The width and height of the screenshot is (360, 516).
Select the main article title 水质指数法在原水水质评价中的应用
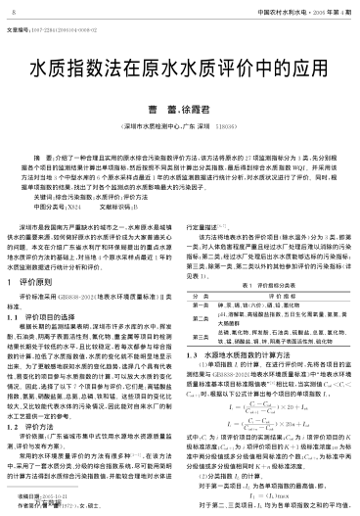tap(180, 66)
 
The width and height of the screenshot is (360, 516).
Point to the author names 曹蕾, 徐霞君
tap(179, 100)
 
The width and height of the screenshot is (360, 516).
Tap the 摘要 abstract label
tap(40, 129)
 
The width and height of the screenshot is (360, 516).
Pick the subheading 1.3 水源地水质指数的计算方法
tap(240, 323)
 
